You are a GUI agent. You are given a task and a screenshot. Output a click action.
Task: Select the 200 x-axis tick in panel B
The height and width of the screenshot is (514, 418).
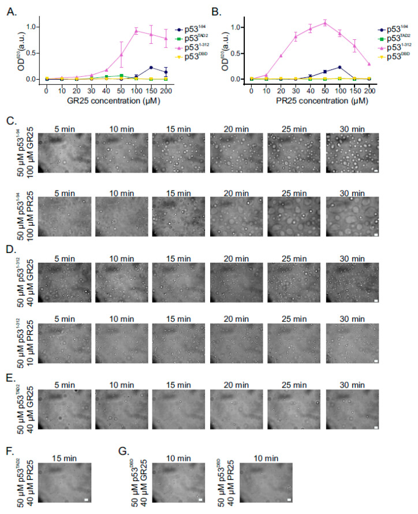coord(369,90)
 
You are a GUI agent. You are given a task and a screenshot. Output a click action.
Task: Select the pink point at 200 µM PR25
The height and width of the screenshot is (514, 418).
coord(369,64)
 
